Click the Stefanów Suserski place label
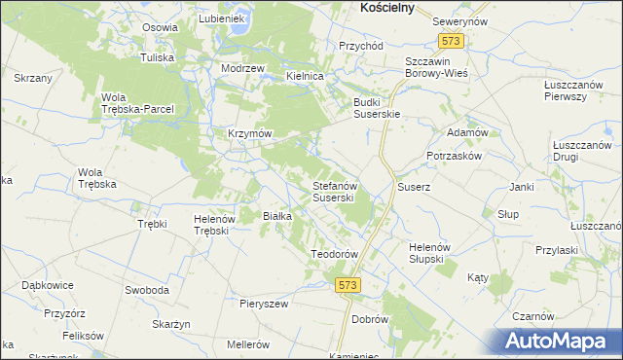[x=339, y=191]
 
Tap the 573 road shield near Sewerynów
[x=451, y=42]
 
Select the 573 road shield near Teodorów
[x=348, y=284]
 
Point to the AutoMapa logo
[x=561, y=342]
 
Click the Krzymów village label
[x=249, y=132]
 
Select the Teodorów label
[x=335, y=254]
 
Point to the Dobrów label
[x=370, y=319]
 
